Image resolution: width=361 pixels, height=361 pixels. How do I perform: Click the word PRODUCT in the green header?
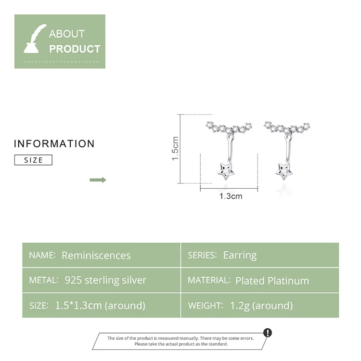coord(75,49)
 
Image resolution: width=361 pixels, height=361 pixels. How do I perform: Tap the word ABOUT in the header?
coord(67,34)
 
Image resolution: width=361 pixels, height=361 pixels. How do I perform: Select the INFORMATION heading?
coord(54,144)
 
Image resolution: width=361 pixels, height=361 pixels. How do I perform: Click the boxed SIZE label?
coord(33,160)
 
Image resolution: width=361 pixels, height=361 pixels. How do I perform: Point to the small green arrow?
coord(98,180)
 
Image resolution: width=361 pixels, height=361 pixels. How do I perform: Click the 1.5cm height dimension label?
coord(175,148)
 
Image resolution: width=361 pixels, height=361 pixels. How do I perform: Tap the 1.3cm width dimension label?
coord(231,196)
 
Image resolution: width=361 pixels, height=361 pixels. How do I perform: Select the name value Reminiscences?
coord(96,256)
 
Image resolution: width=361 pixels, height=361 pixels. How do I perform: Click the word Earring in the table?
coord(240,255)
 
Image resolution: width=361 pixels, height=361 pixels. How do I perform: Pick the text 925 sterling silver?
coord(105,280)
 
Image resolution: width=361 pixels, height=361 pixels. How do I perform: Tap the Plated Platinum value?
coord(272,281)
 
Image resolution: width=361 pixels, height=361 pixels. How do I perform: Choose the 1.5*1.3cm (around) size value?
coord(100,305)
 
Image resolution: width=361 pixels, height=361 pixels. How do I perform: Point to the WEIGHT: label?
coord(205,306)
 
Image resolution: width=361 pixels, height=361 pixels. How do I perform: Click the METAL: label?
coord(43,280)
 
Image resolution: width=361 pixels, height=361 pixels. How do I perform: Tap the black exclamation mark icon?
coord(268,332)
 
